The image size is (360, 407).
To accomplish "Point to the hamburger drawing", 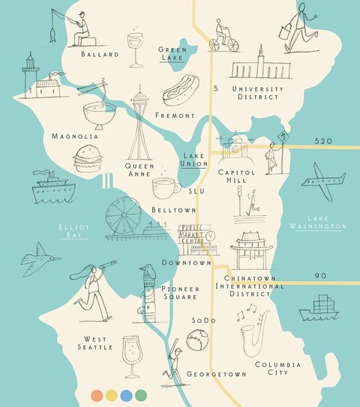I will tap(85, 158).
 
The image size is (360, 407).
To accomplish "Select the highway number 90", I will tap(320, 276).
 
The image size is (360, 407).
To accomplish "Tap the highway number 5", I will tap(215, 90).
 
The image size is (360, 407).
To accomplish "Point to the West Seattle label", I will tap(96, 343).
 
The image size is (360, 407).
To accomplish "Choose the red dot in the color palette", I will tap(96, 394).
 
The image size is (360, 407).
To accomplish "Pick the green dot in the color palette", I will tap(141, 394).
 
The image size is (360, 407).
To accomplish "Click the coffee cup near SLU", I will tap(164, 187).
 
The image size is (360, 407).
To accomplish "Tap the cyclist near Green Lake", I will tap(222, 37).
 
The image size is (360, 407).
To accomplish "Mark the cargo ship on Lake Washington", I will tap(319, 308).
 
